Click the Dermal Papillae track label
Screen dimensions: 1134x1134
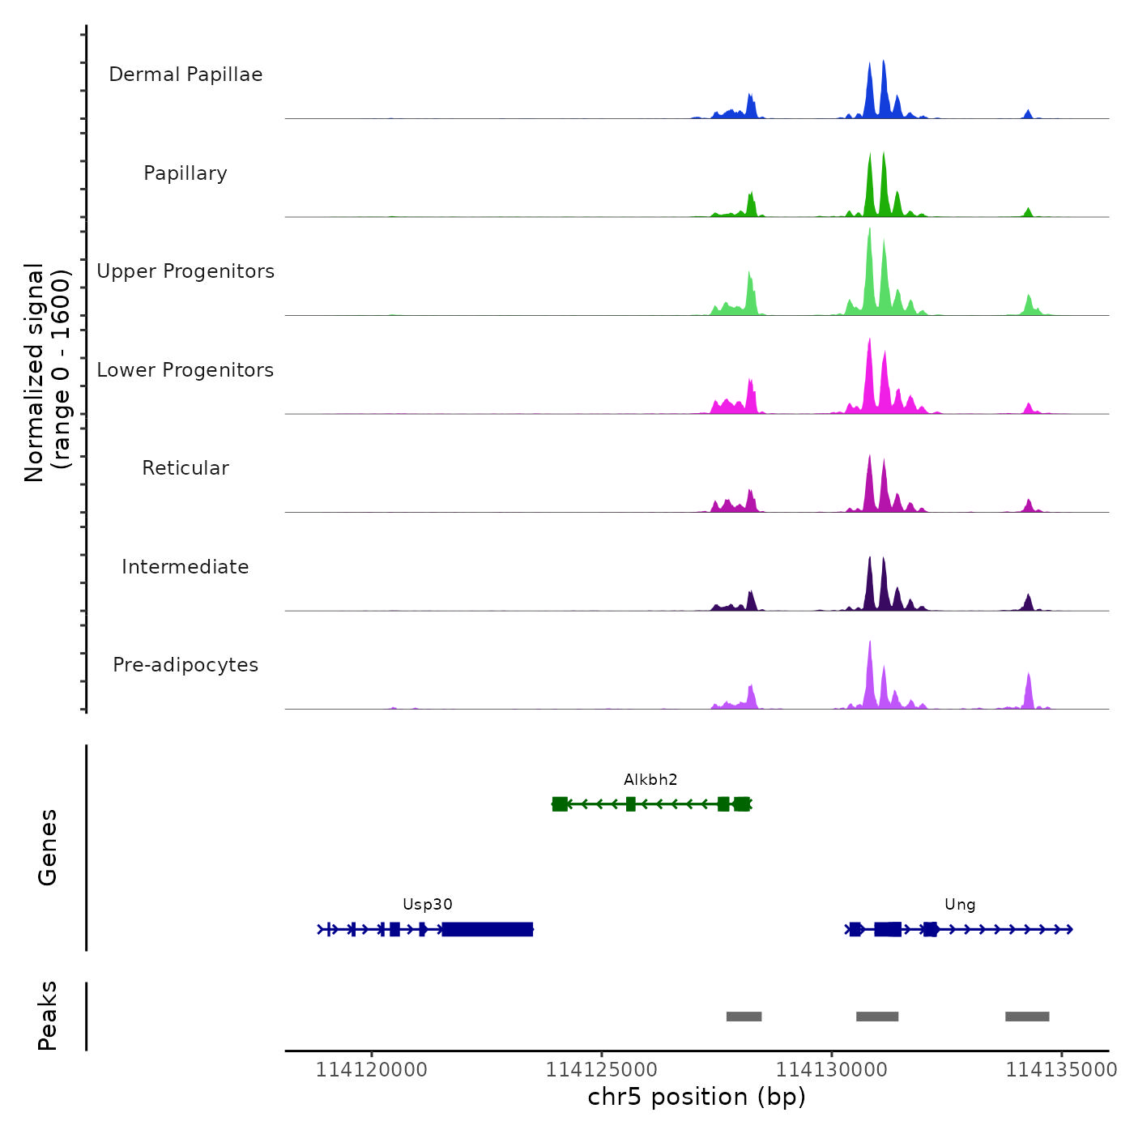coord(185,75)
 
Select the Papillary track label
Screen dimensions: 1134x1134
coord(185,173)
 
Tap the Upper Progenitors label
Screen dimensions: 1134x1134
coord(185,271)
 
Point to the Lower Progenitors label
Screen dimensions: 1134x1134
coord(185,370)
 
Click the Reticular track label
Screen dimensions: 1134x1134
coord(185,468)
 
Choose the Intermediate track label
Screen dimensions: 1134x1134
coord(185,567)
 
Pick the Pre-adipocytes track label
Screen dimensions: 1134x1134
coord(185,665)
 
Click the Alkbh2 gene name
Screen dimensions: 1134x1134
coord(650,780)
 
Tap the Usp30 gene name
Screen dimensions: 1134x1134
coord(428,905)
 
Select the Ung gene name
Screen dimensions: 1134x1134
coord(960,905)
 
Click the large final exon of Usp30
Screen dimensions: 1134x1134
coord(488,929)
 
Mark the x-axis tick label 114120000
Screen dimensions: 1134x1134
coord(371,1070)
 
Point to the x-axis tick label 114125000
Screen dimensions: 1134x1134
coord(601,1070)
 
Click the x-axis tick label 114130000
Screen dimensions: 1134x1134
coord(831,1070)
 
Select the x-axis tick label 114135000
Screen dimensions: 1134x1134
coord(1061,1070)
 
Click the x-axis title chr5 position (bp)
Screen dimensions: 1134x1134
coord(697,1098)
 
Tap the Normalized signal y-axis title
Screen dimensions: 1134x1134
coord(47,373)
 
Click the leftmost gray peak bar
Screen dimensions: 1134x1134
coord(744,1017)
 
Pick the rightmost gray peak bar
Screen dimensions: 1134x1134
coord(1027,1017)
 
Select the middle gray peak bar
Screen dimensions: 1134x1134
coord(877,1017)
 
